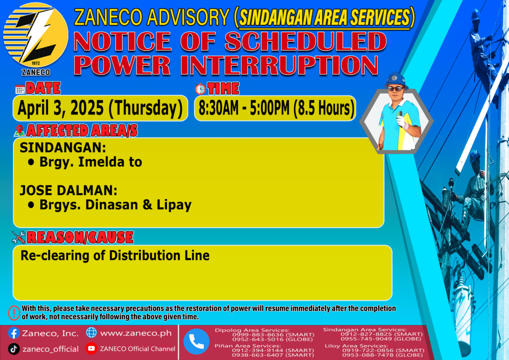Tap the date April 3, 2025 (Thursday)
coord(100,108)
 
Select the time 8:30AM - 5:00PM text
coord(244,108)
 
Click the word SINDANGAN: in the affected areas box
coord(63,148)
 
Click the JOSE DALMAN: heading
coord(69,190)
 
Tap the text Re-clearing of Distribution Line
coord(115,256)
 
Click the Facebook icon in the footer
coord(13,333)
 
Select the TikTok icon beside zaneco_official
coord(13,349)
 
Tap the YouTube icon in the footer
coord(91,348)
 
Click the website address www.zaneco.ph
coord(136,333)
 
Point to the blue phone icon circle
coord(196,342)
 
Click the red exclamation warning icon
coord(14,313)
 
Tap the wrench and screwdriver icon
coord(18,237)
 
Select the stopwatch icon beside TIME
coord(200,89)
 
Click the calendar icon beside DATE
coord(20,89)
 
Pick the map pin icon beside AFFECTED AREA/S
coord(19,130)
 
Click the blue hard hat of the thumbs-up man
coord(396,79)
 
